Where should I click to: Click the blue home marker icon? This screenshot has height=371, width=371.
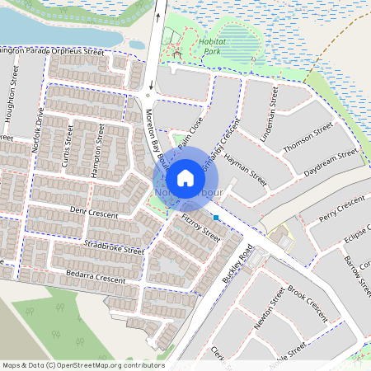pos(185,178)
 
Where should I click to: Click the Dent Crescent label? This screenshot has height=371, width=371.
pos(94,214)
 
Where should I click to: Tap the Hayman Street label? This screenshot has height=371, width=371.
pos(247,164)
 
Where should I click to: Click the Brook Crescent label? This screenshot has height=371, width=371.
pos(308,303)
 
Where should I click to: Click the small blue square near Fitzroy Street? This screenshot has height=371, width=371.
pos(216,218)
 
